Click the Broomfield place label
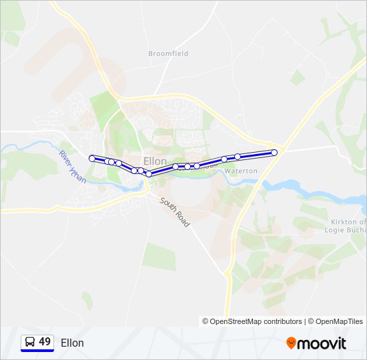click(168, 53)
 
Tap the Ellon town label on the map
click(155, 161)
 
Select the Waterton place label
click(240, 171)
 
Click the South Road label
click(174, 211)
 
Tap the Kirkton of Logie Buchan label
click(348, 226)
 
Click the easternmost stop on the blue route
click(274, 153)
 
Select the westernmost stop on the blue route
click(92, 159)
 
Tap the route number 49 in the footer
click(45, 342)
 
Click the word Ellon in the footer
click(72, 343)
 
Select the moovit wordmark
click(322, 343)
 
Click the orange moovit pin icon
click(291, 343)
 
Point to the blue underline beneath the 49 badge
click(37, 351)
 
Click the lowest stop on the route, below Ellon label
click(149, 174)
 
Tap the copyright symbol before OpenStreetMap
click(206, 321)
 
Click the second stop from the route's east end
click(238, 157)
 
